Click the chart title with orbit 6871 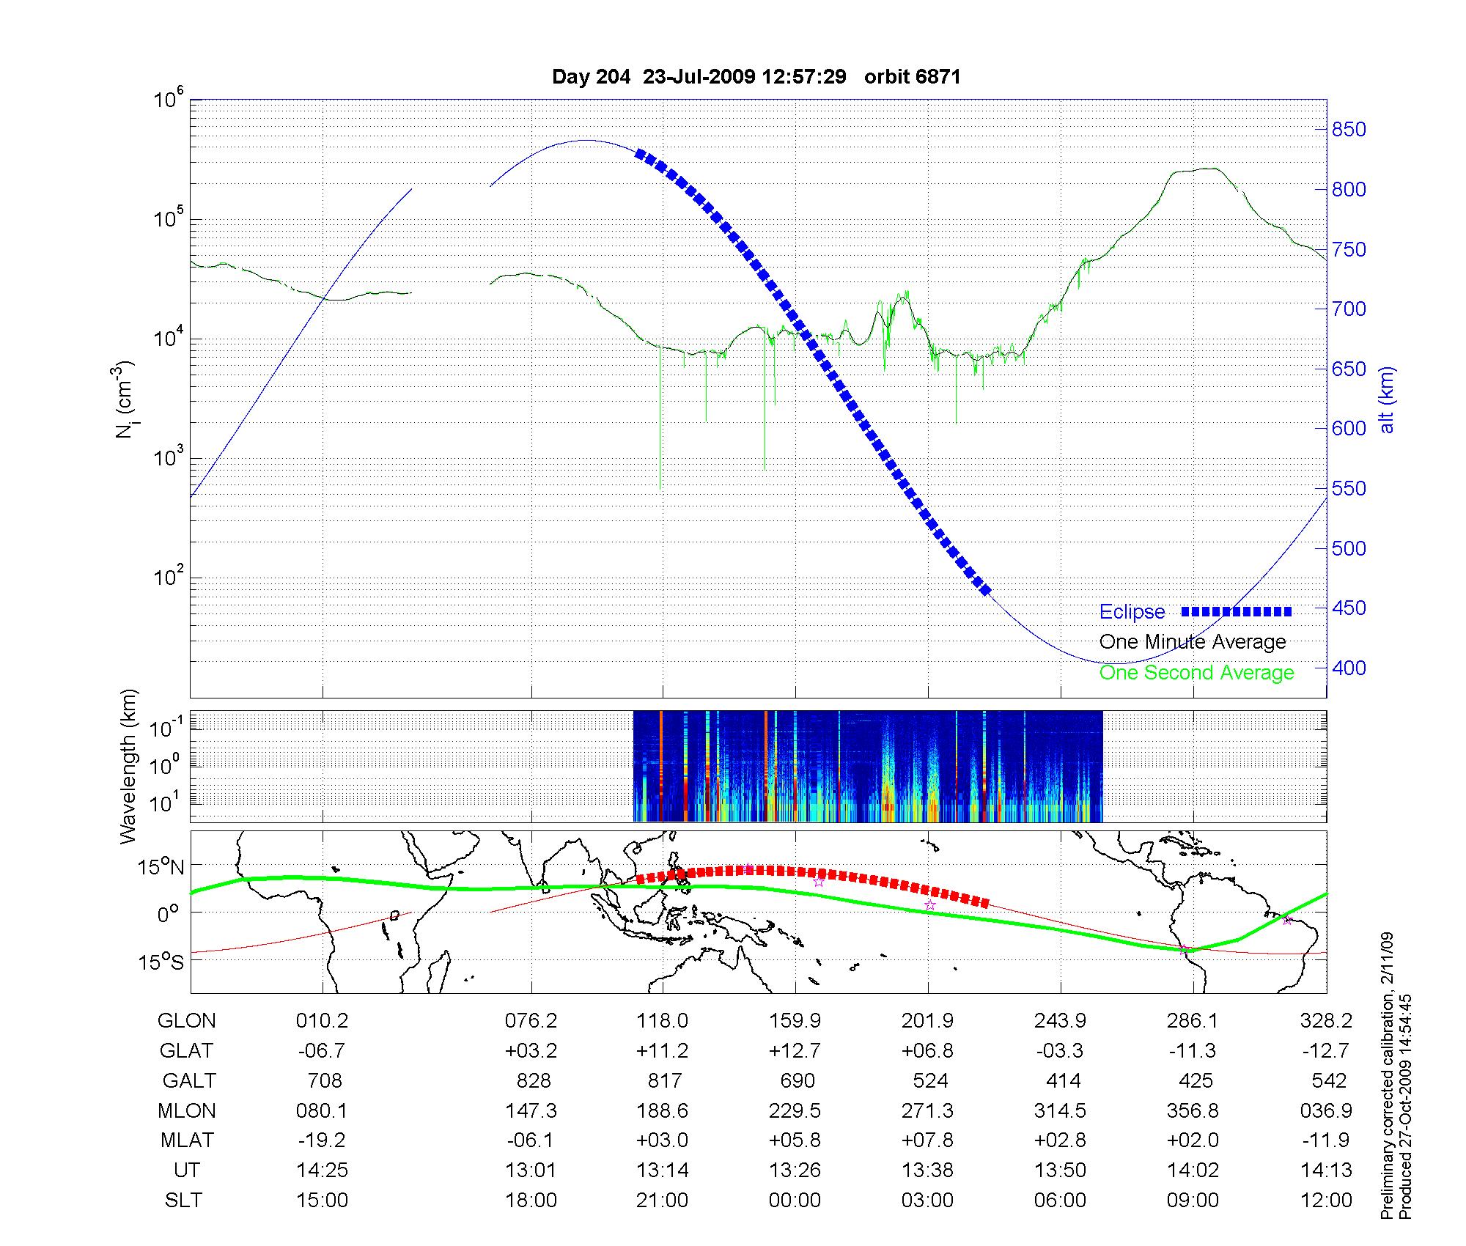click(x=756, y=77)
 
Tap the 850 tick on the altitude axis click(x=1349, y=130)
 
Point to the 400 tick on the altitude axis click(x=1349, y=668)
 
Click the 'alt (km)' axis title click(x=1387, y=399)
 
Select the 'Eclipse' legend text click(x=1132, y=612)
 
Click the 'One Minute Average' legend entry click(x=1193, y=642)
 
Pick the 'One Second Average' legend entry click(x=1196, y=673)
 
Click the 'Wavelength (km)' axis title click(x=129, y=766)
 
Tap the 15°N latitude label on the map click(x=162, y=868)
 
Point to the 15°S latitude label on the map click(x=162, y=962)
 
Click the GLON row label click(x=187, y=1021)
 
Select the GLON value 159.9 click(x=795, y=1021)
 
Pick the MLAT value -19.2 click(x=322, y=1141)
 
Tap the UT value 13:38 click(x=929, y=1171)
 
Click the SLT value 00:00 click(x=795, y=1201)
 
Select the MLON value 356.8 click(x=1193, y=1111)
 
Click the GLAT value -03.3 click(x=1060, y=1051)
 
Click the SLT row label click(x=183, y=1201)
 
